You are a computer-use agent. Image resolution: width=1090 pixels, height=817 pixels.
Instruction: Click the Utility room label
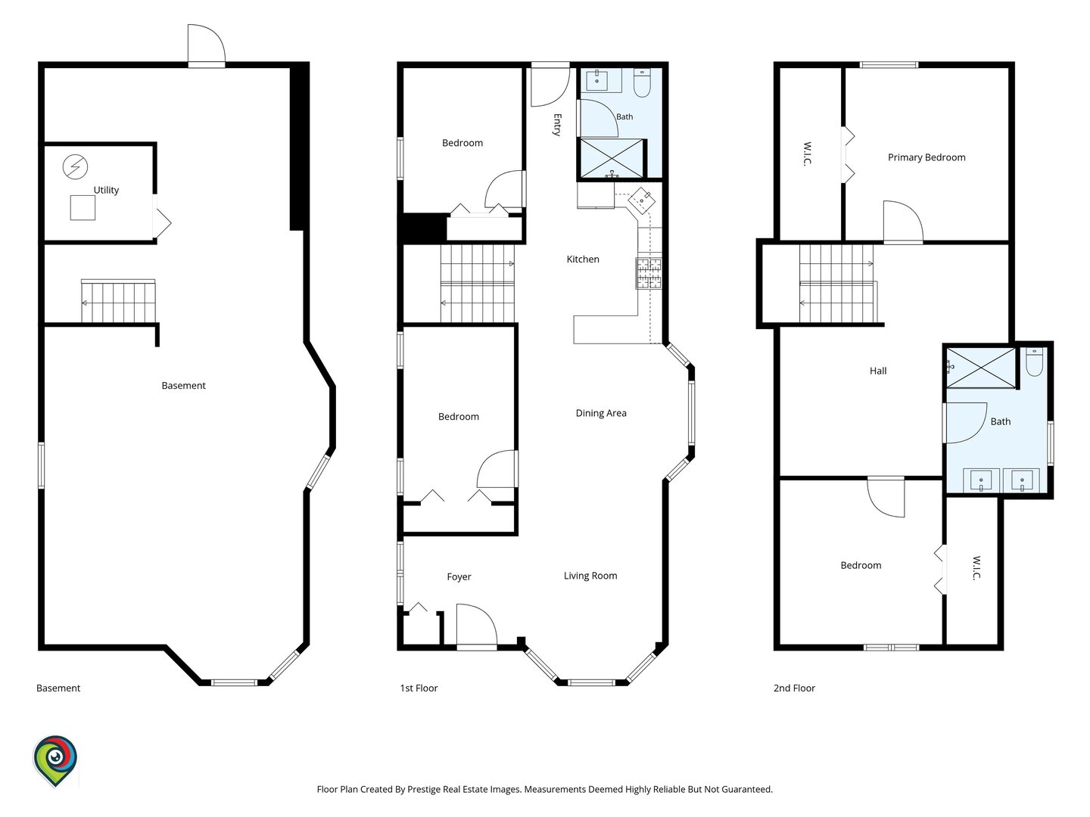point(106,190)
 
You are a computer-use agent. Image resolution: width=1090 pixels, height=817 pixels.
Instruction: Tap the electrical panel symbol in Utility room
point(75,166)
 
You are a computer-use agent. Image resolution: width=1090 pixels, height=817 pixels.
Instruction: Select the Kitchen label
point(583,259)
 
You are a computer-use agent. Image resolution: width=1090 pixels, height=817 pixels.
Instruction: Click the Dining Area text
point(601,413)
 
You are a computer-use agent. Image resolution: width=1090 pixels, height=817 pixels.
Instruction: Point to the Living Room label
point(590,576)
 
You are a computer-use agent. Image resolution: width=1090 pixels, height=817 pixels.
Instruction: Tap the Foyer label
point(459,577)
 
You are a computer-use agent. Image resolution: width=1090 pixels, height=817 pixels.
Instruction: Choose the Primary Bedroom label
point(926,157)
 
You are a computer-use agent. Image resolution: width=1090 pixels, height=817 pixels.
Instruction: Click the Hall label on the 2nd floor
point(878,371)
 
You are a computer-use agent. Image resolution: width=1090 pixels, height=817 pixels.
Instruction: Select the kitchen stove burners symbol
point(649,273)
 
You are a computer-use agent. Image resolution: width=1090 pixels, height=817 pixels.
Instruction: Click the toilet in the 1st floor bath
point(642,83)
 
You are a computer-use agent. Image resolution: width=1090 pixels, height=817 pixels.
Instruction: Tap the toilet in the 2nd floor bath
point(1035,362)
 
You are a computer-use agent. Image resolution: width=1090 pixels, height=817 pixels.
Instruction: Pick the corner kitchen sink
point(641,200)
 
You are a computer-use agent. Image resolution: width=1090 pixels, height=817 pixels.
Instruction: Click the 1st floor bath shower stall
point(612,158)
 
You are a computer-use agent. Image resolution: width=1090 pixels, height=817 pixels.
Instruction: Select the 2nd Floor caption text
point(794,688)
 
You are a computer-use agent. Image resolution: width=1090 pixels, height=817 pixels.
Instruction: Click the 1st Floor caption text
point(419,688)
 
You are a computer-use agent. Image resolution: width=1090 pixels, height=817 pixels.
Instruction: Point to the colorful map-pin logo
point(55,761)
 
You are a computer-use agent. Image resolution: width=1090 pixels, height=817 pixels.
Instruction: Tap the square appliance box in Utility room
point(83,208)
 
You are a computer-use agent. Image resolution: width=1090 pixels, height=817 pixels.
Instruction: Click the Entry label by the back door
point(557,125)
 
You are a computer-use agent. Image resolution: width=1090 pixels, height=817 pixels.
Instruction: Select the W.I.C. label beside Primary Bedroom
point(808,154)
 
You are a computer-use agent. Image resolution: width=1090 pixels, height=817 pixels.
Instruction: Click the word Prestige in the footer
point(425,789)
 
